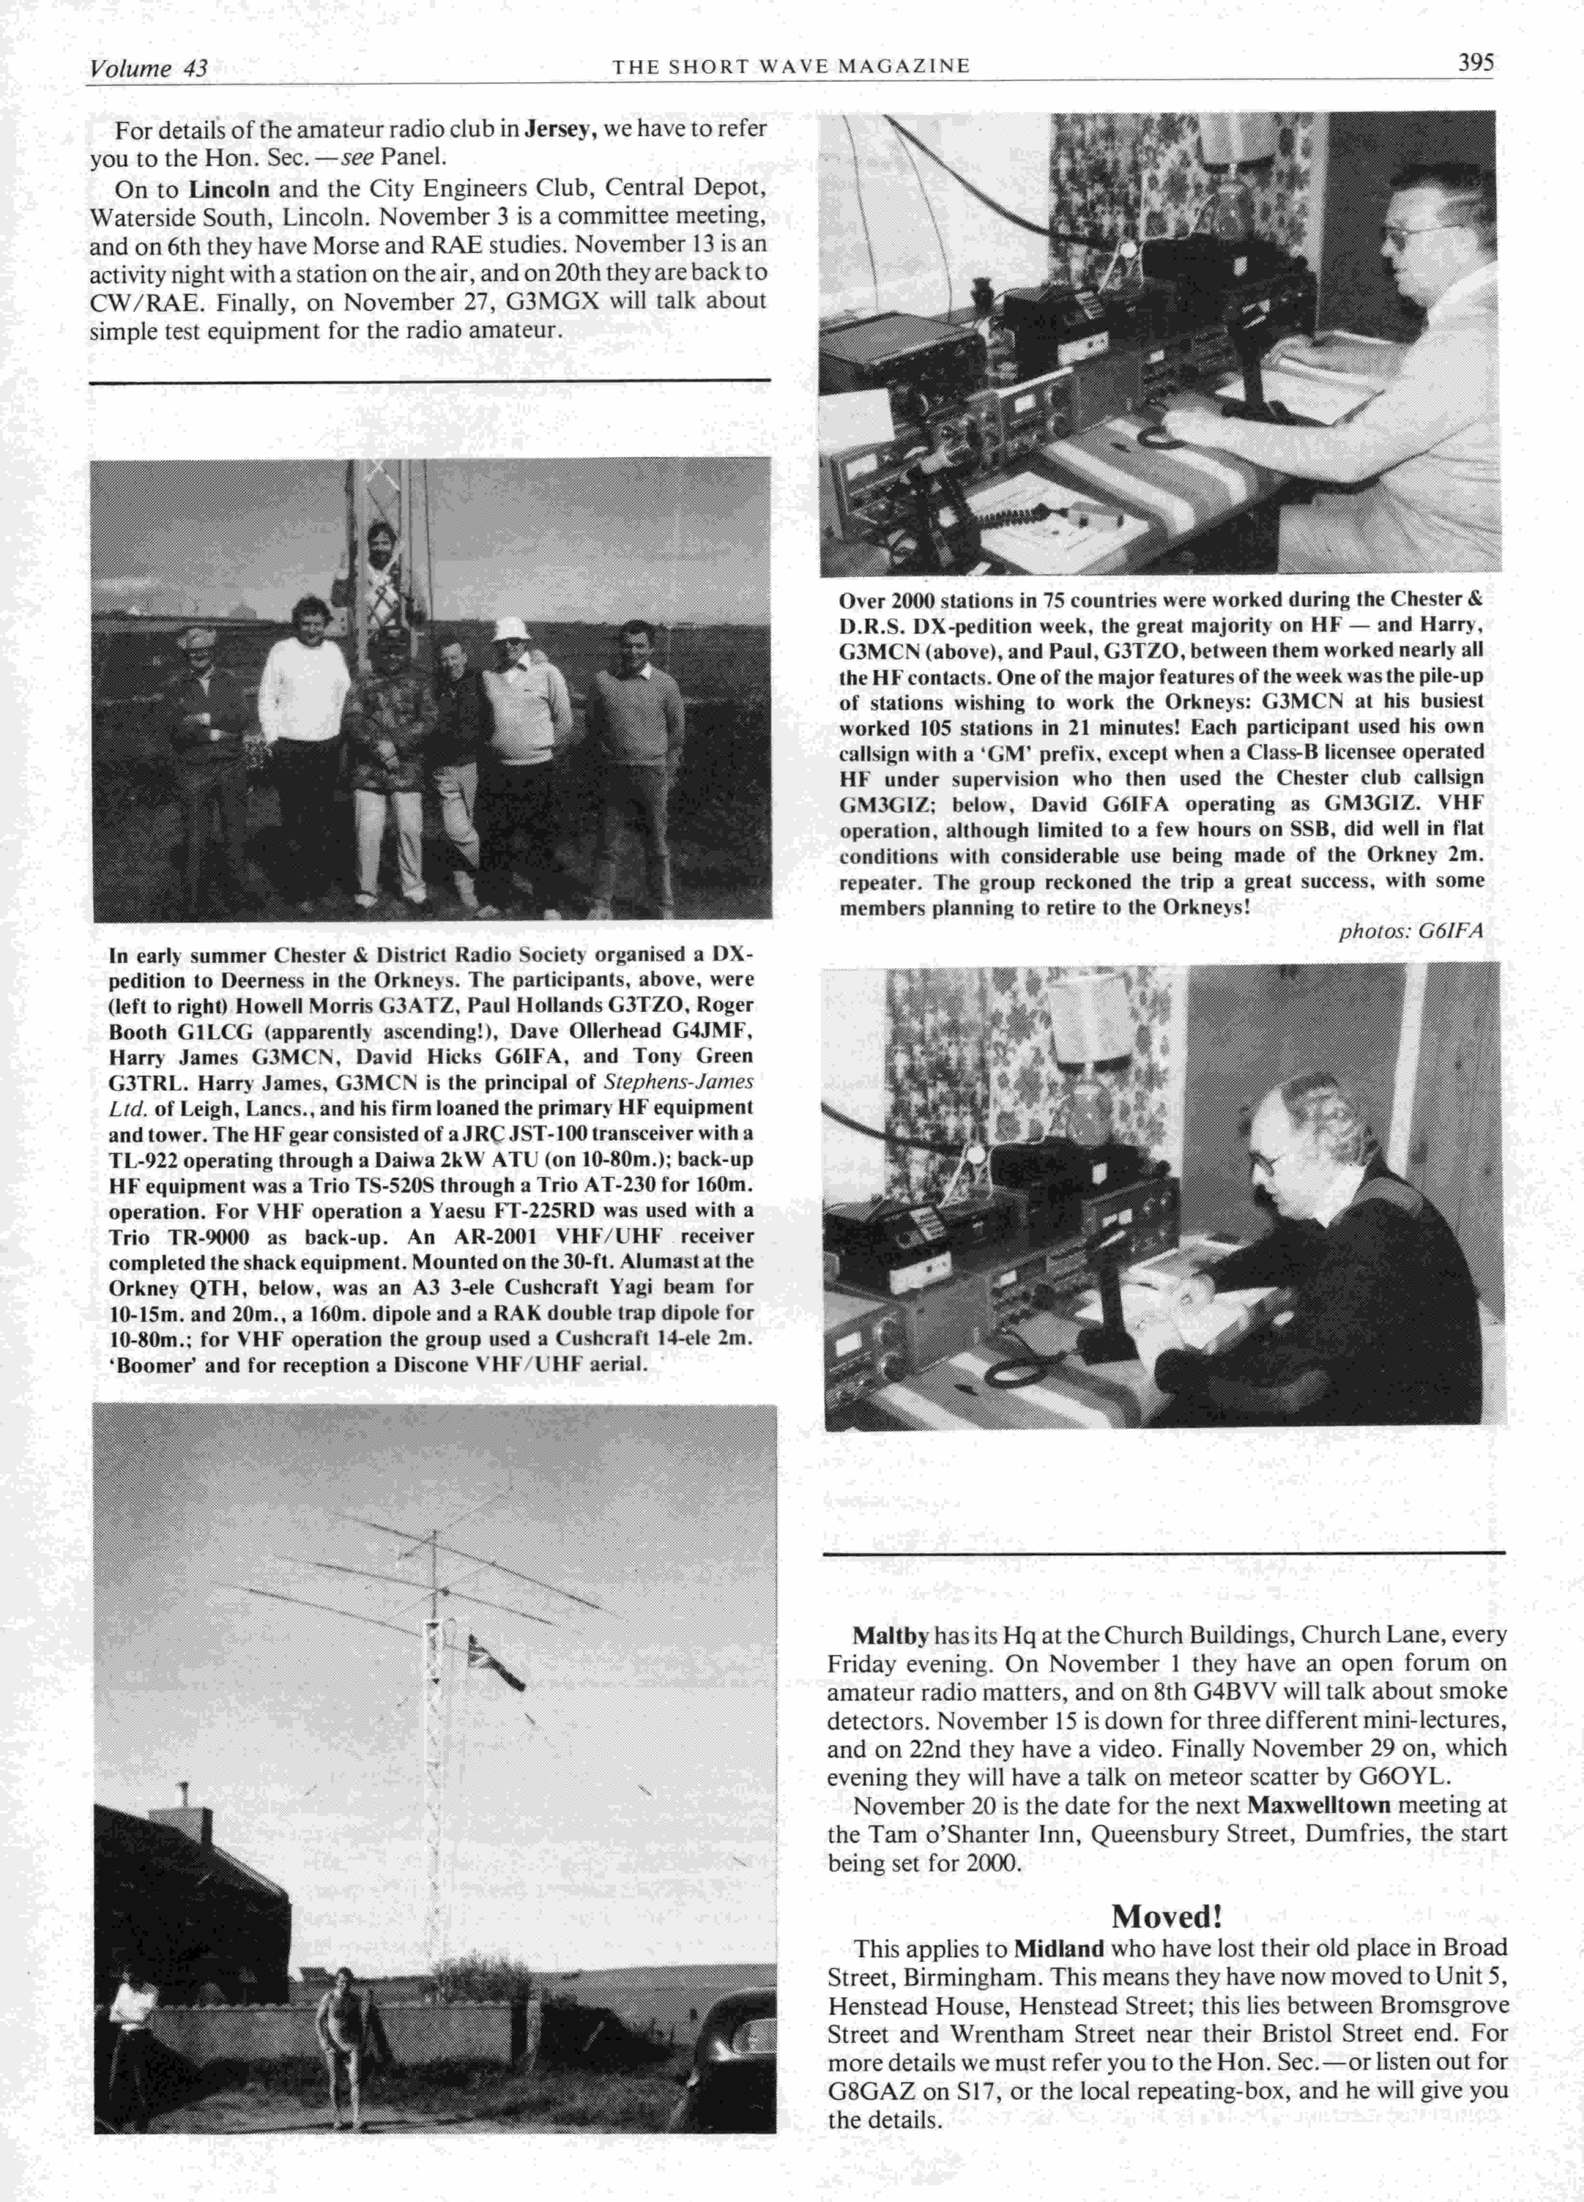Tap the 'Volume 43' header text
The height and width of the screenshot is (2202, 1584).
[x=148, y=68]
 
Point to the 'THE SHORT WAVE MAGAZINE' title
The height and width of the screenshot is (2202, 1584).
[x=790, y=66]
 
